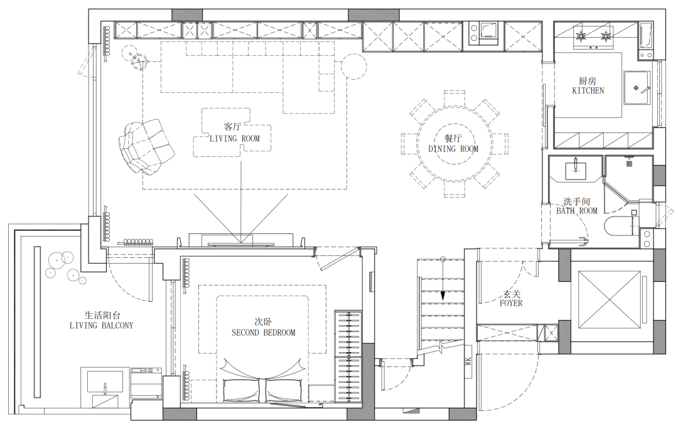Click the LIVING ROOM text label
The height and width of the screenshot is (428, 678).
pyautogui.click(x=235, y=139)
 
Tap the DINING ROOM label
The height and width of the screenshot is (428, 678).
pyautogui.click(x=453, y=149)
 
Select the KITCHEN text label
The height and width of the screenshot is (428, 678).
pyautogui.click(x=588, y=90)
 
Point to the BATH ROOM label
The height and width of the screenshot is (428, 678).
pyautogui.click(x=577, y=211)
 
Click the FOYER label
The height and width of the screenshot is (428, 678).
pyautogui.click(x=511, y=303)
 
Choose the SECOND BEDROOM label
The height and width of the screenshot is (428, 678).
pyautogui.click(x=263, y=333)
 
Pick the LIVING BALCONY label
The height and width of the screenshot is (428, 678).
pyautogui.click(x=102, y=325)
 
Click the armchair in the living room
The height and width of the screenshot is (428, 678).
pyautogui.click(x=146, y=147)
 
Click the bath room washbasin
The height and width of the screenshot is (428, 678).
pyautogui.click(x=576, y=169)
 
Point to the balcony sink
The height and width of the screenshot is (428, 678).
pyautogui.click(x=104, y=387)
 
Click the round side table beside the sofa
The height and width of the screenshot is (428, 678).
pyautogui.click(x=353, y=66)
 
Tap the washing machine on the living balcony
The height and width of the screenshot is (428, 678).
pyautogui.click(x=146, y=383)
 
